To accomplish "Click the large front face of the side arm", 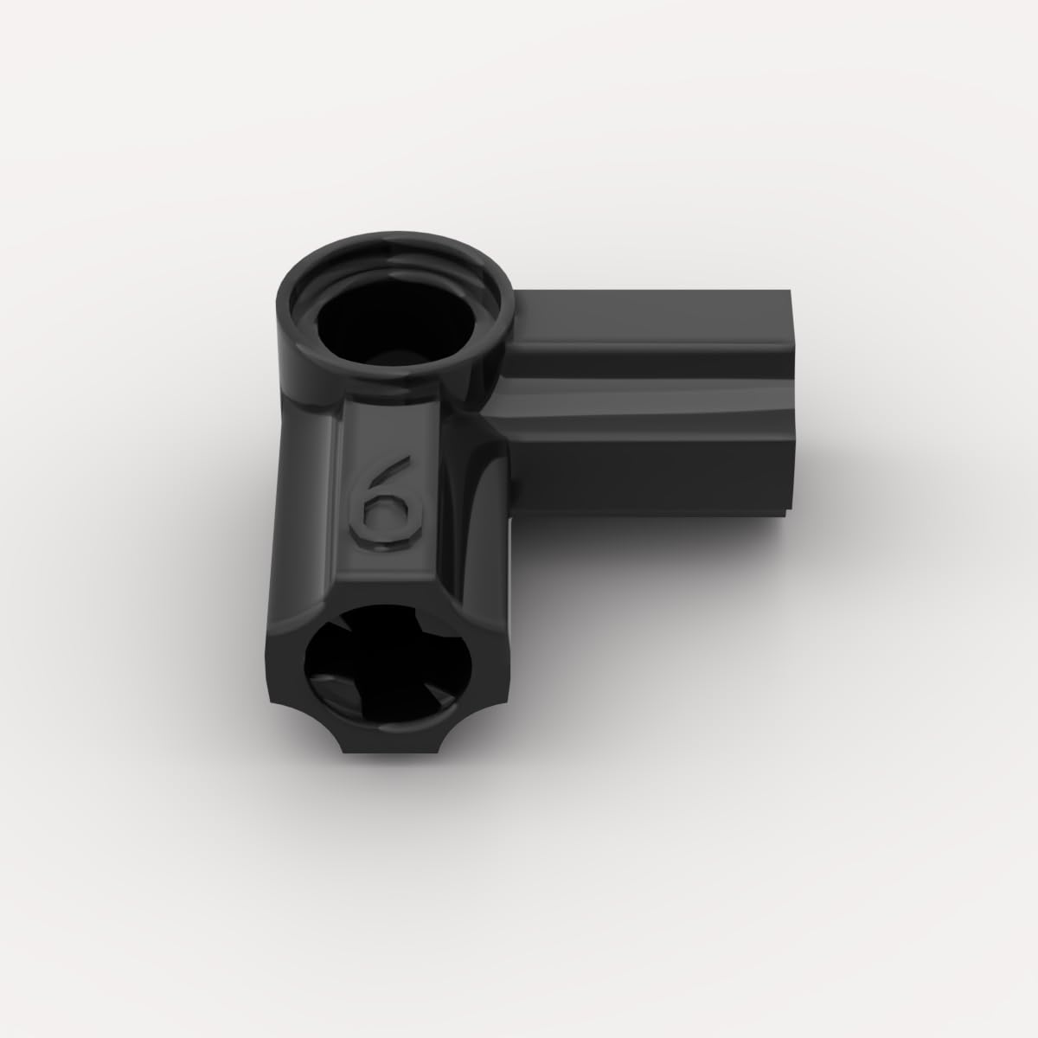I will [649, 476].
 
